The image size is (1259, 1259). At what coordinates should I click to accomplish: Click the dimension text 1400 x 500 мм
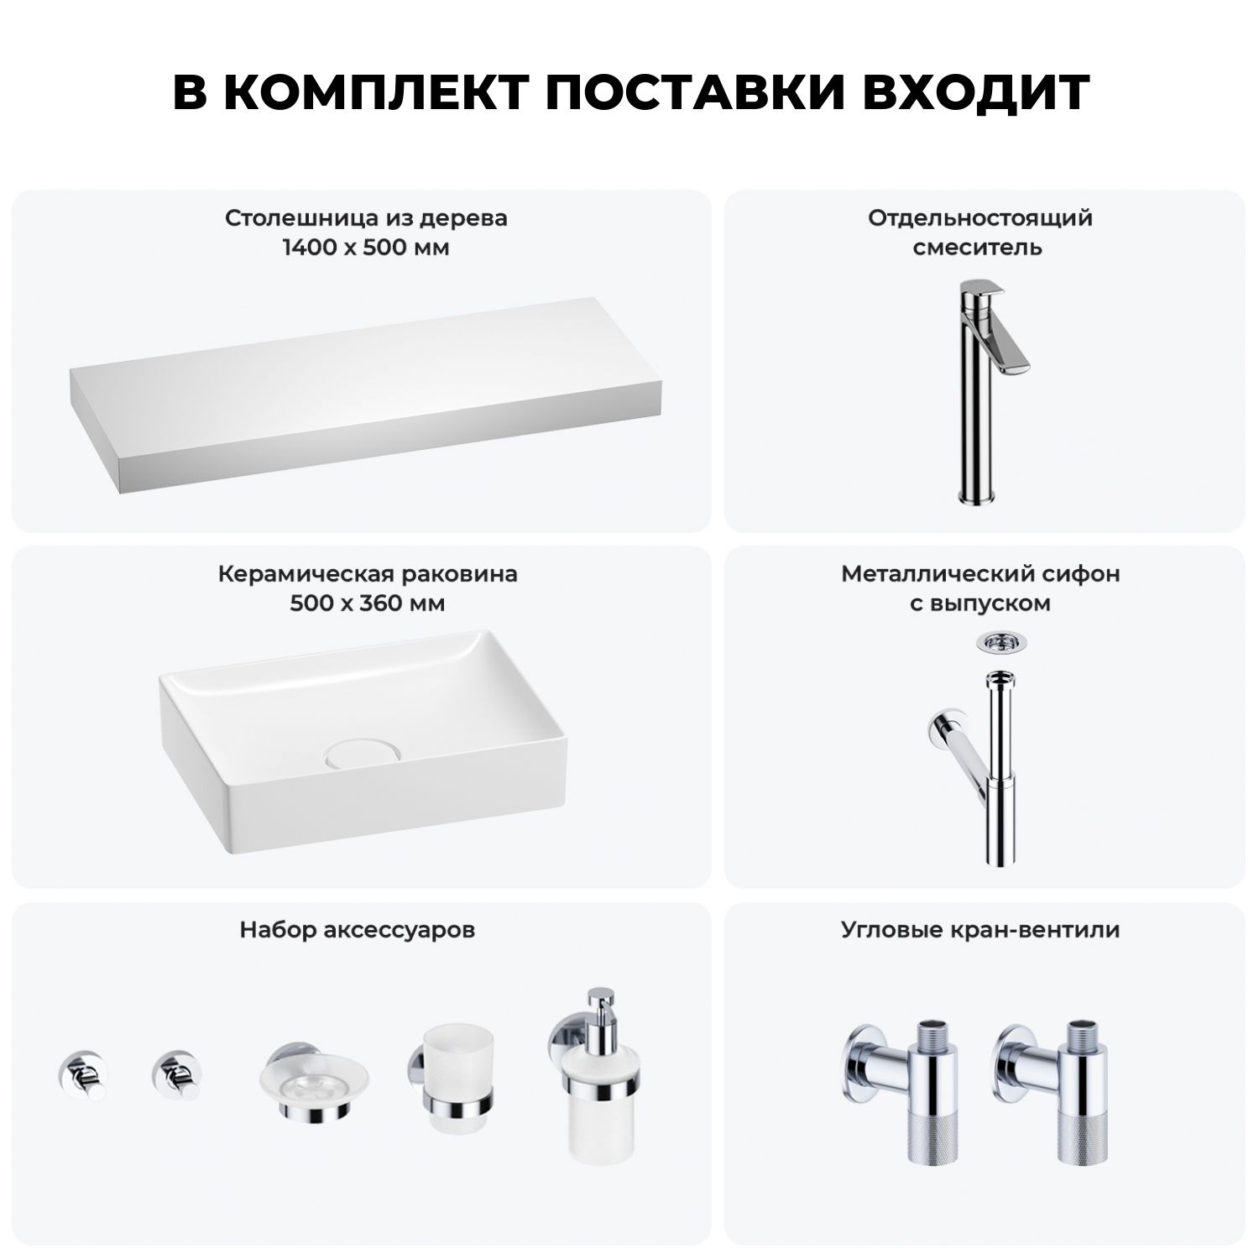point(366,248)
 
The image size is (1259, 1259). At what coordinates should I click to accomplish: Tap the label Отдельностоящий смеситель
point(980,233)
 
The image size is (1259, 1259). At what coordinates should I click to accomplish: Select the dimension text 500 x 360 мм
point(368,604)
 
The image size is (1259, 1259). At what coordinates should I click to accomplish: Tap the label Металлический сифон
point(980,575)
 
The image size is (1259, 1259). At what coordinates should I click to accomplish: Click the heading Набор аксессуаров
point(358,931)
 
